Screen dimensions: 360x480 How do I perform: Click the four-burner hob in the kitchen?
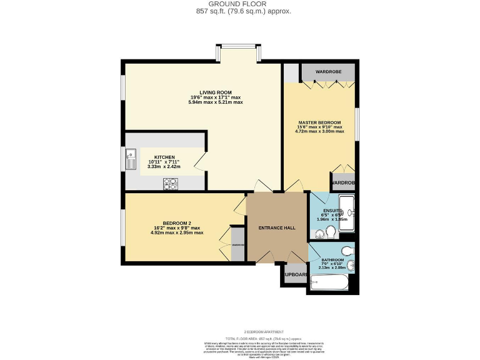[x=170, y=183]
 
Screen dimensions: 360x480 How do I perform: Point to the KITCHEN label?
[x=164, y=157]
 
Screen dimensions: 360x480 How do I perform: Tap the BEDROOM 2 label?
[x=176, y=224]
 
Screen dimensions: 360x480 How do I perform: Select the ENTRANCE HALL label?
[x=277, y=228]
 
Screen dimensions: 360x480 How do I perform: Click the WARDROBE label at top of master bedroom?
[x=328, y=72]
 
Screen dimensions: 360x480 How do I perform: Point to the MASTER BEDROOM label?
[x=319, y=122]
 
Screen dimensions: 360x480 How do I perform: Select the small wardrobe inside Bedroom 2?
[x=238, y=244]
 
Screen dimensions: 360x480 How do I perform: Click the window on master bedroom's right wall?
[x=357, y=124]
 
